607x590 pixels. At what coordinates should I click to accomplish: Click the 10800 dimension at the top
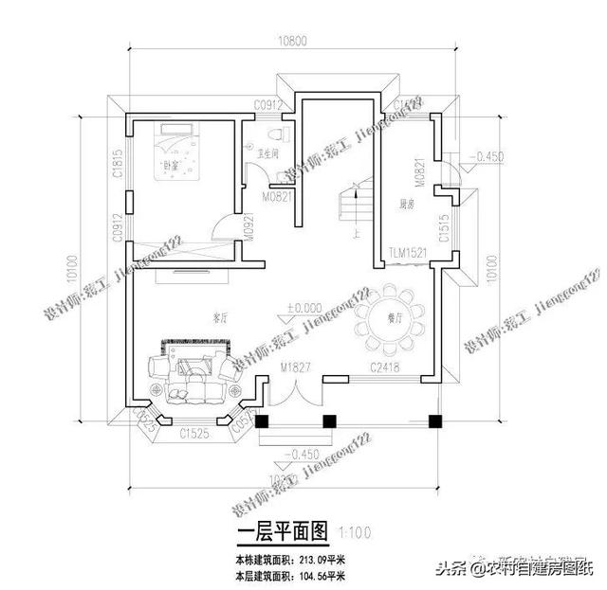coord(288,43)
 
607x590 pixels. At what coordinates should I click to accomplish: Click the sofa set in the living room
coord(196,369)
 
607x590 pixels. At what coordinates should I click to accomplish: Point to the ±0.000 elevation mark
coord(302,308)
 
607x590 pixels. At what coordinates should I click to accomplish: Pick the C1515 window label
coord(444,231)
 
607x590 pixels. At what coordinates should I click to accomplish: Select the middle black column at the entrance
coord(328,422)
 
